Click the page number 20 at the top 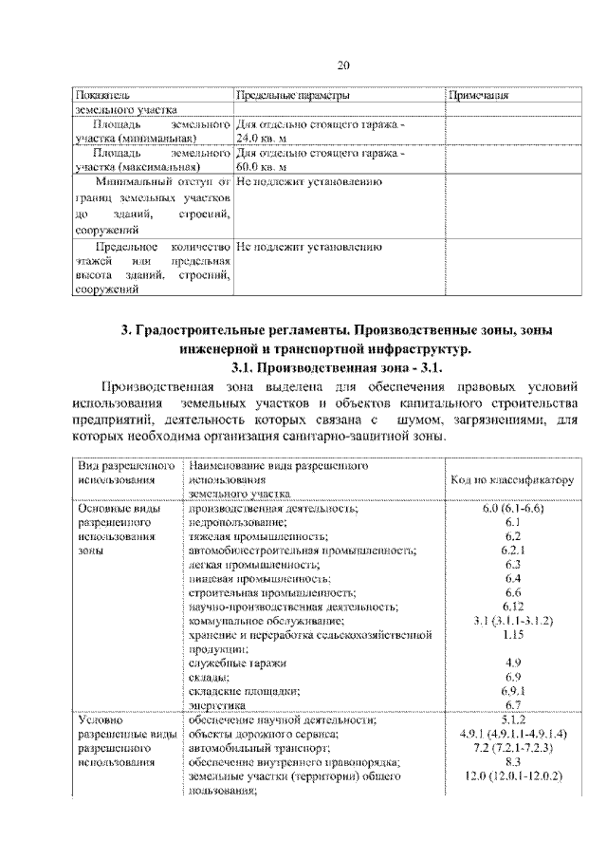343,65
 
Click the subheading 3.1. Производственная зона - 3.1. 338,366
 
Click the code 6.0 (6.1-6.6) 512,509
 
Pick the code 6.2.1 512,549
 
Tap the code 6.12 512,607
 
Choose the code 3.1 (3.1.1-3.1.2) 512,621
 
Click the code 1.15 512,634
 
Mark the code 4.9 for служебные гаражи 512,663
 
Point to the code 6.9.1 512,691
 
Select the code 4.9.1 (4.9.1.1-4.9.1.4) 512,734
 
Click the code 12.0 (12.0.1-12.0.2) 512,776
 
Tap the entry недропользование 237,522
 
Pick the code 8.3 512,761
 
